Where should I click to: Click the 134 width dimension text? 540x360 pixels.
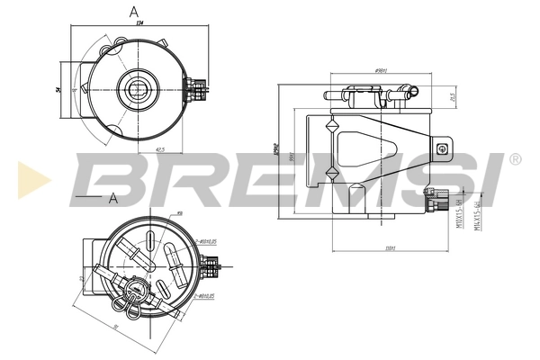(x=140, y=25)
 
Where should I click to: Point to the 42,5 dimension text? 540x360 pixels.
(x=159, y=149)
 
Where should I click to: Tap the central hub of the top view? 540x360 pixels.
(x=139, y=88)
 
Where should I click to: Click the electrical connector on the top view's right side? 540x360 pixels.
(x=197, y=87)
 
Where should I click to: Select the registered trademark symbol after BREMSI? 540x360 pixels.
(x=515, y=159)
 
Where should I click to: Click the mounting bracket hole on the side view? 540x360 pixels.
(x=441, y=149)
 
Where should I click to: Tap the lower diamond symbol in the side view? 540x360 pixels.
(x=332, y=172)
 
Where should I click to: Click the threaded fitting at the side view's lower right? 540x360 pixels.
(x=438, y=202)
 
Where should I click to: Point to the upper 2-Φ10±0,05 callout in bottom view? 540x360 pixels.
(x=210, y=241)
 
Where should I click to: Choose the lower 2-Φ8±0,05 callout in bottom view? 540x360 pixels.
(x=209, y=294)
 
